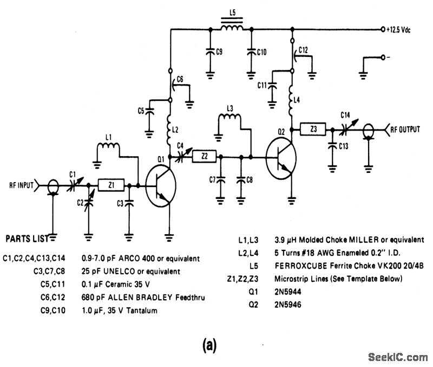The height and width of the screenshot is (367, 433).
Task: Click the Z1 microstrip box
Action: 111,185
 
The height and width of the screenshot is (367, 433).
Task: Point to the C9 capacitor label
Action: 219,52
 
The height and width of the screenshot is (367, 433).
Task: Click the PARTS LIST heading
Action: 24,238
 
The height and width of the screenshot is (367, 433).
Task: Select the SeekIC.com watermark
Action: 397,357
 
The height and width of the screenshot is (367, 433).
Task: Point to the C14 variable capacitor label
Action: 346,114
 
